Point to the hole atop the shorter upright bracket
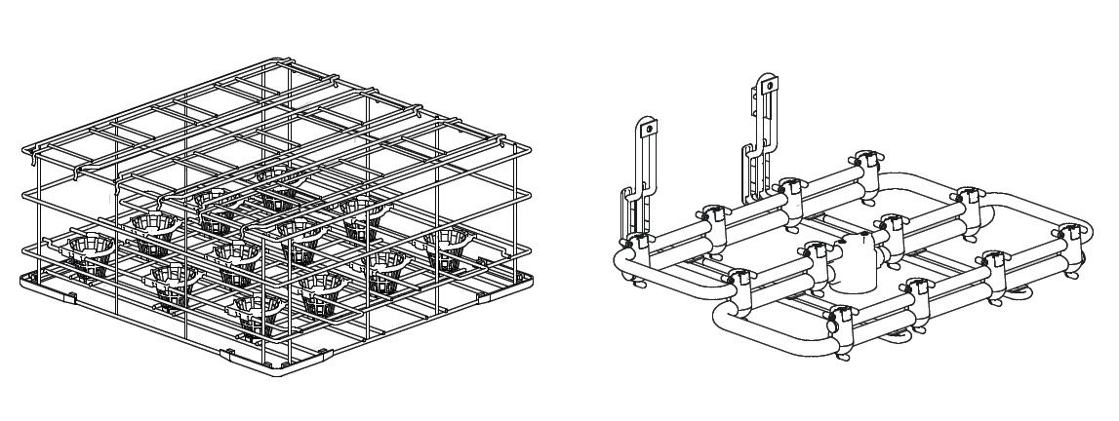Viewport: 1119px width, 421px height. point(643,127)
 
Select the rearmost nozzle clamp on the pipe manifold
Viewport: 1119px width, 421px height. point(864,160)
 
